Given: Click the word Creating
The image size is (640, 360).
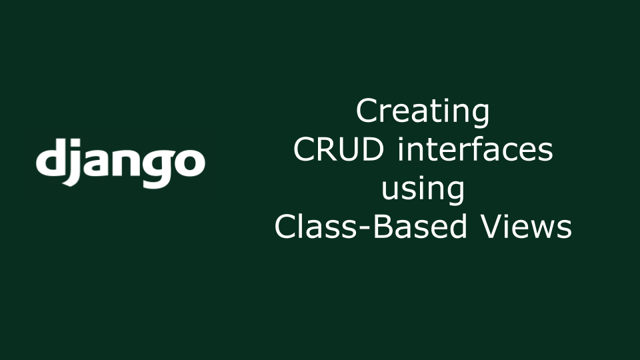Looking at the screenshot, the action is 423,112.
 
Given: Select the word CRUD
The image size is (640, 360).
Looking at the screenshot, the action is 339,149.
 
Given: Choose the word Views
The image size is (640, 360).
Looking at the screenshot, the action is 527,227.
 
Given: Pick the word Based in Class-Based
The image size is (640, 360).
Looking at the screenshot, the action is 420,227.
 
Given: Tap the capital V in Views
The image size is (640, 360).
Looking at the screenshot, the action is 493,227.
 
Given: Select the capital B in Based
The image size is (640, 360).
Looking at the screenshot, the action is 383,227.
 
